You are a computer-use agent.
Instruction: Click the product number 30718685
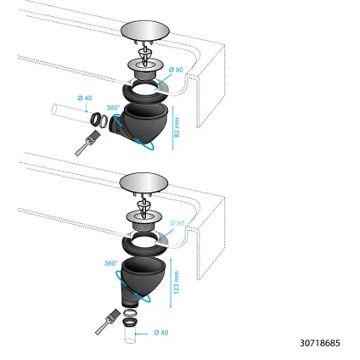click(319, 343)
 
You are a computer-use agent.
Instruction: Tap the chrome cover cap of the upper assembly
click(138, 31)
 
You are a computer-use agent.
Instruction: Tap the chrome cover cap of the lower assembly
click(138, 183)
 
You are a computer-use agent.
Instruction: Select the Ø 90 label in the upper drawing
click(177, 69)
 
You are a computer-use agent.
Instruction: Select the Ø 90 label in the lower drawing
click(177, 222)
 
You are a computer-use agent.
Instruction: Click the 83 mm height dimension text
click(177, 127)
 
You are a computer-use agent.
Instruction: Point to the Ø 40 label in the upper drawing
click(84, 98)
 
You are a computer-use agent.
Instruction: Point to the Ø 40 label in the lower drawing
click(160, 332)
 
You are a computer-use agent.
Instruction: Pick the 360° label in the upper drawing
click(111, 109)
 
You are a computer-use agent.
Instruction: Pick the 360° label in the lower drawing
click(110, 263)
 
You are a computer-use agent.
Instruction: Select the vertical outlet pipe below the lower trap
click(130, 335)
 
